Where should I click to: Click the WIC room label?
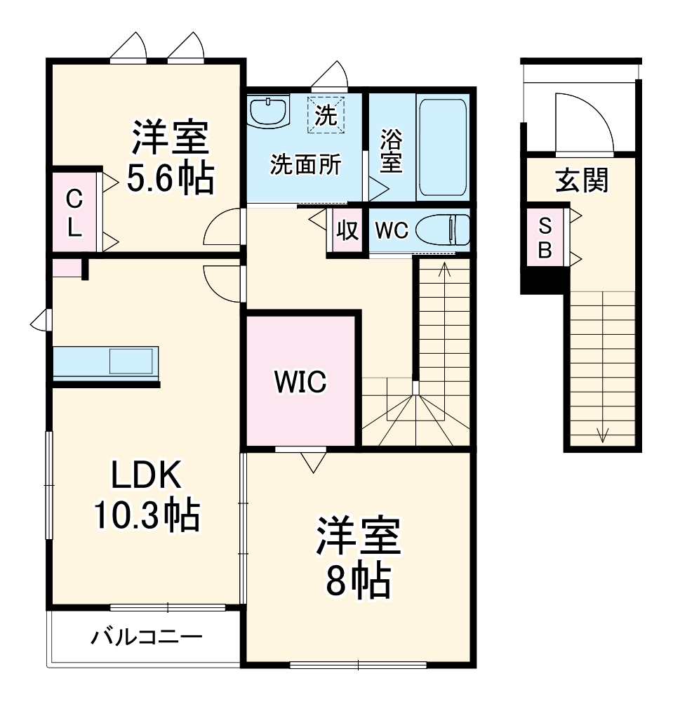(300, 382)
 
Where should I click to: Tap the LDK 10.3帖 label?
(147, 496)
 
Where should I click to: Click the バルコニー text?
(147, 637)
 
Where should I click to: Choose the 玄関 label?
(582, 181)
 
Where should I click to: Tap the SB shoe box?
(545, 237)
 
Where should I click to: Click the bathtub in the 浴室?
(442, 147)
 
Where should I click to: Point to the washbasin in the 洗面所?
(268, 110)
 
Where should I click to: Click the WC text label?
(390, 231)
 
